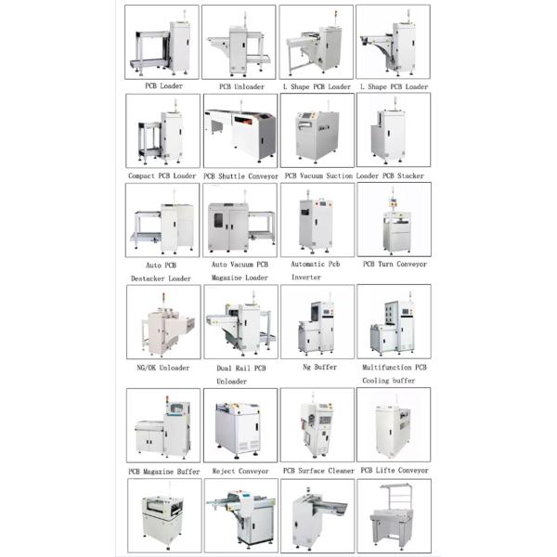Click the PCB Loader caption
pos(163,86)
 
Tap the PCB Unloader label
pos(241,86)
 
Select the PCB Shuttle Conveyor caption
pos(240,176)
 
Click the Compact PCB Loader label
pos(162,175)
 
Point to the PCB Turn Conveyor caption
pos(395,264)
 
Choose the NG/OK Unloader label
pos(163,368)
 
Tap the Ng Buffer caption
pos(319,367)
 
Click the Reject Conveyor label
pos(240,471)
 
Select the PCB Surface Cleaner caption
pos(318,471)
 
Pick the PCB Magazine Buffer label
pos(163,472)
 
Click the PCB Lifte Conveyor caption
pos(395,471)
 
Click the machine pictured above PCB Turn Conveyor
pos(395,222)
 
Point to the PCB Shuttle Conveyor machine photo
pos(240,133)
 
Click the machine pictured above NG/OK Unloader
pos(166,325)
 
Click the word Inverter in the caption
pos(306,278)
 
